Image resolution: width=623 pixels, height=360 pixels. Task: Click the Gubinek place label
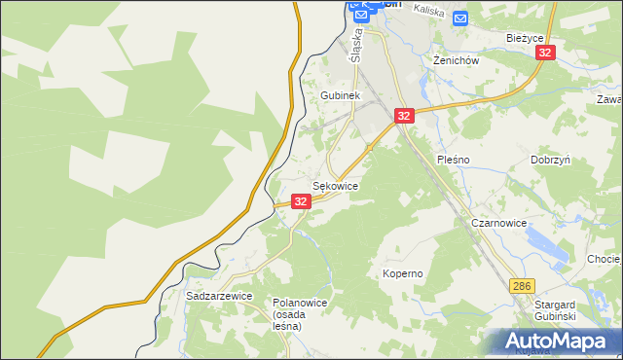click(x=341, y=96)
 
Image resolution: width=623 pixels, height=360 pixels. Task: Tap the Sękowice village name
click(x=335, y=185)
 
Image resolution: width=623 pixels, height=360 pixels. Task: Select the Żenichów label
click(x=455, y=60)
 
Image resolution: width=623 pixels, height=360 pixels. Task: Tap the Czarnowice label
click(x=498, y=223)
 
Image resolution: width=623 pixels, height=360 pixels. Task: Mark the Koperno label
click(x=402, y=273)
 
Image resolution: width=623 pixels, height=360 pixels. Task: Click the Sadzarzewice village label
click(x=219, y=295)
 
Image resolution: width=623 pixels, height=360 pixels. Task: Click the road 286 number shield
click(x=522, y=285)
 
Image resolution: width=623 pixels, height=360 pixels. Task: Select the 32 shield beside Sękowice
click(x=301, y=201)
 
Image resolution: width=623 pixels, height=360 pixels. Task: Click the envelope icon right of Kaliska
click(x=460, y=18)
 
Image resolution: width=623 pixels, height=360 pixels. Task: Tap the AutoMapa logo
click(x=560, y=342)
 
